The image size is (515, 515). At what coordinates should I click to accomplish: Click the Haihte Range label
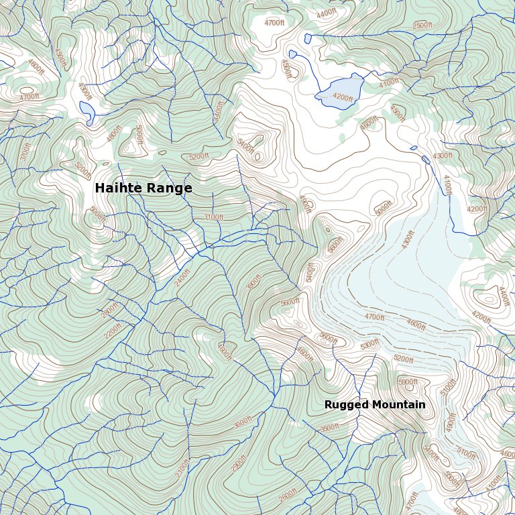pos(144,188)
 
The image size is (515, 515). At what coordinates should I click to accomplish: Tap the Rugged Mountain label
pos(375,405)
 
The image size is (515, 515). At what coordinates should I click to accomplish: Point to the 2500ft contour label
pos(422,25)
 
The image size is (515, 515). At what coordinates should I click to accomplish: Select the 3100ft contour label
pos(213,217)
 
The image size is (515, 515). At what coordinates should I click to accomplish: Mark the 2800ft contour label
pos(109,310)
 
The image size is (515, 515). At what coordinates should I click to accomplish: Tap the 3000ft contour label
pos(242,424)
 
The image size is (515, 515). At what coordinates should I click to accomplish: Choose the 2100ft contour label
pos(182,467)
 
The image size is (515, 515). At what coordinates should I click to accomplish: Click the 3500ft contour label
pos(329,428)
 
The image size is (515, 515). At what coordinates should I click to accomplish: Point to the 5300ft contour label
pos(369,345)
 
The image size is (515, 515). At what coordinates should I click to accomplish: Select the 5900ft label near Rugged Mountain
pos(408,382)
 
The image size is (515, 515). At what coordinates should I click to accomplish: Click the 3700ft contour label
pos(25,152)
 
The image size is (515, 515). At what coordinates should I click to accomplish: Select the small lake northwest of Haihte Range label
pos(86,109)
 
